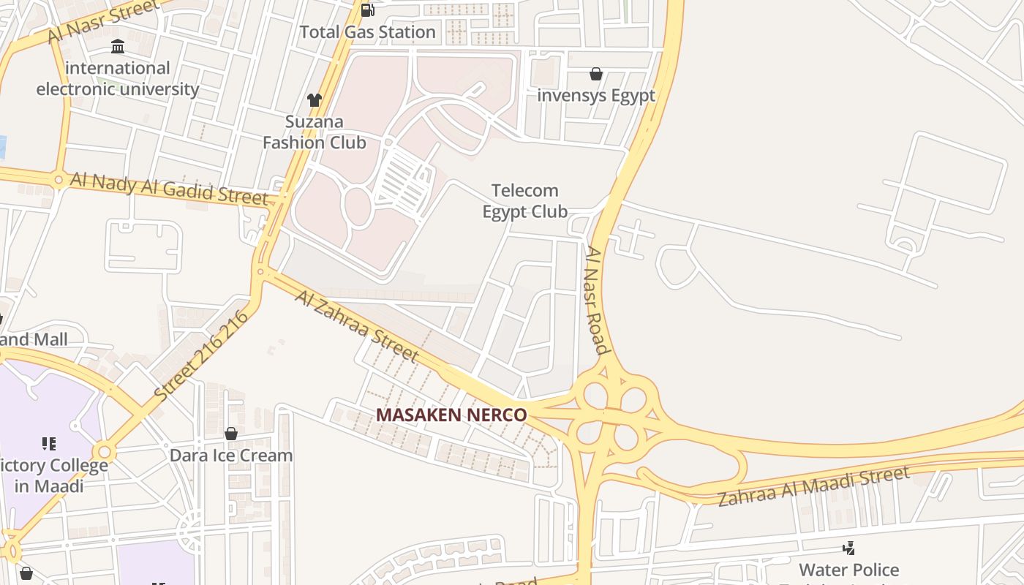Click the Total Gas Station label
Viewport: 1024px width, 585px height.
(x=368, y=32)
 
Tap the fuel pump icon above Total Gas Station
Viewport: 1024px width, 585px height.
(x=367, y=10)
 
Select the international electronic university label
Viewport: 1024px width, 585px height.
(x=118, y=79)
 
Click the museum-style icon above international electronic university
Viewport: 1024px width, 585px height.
(x=118, y=48)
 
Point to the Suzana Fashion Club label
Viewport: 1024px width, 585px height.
(x=315, y=132)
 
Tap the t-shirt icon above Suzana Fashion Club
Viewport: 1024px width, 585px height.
(x=315, y=100)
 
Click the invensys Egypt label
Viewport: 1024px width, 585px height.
(x=596, y=96)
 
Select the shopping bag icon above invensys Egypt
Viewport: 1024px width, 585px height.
(x=596, y=74)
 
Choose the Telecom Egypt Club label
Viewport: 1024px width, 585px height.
(x=525, y=201)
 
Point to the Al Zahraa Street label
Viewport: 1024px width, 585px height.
(x=357, y=325)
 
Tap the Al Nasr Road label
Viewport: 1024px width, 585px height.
(x=597, y=300)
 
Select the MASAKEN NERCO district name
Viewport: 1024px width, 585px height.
(x=451, y=415)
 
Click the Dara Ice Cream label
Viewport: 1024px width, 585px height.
(x=231, y=456)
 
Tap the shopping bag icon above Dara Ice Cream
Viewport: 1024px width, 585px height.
(x=231, y=434)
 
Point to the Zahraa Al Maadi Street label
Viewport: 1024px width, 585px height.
(x=813, y=487)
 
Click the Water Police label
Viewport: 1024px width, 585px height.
(x=848, y=570)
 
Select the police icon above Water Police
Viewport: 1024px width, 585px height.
(x=848, y=548)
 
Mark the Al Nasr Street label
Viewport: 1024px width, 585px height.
(x=104, y=20)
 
